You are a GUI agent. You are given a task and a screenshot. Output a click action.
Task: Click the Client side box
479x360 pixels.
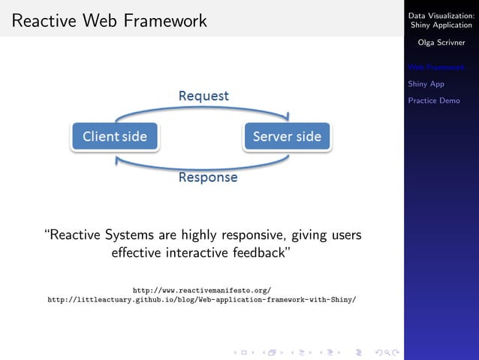115,137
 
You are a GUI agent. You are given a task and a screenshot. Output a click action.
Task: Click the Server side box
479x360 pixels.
287,137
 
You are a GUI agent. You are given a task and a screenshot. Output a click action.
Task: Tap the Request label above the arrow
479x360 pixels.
203,96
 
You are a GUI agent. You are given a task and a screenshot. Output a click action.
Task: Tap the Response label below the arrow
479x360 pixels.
207,178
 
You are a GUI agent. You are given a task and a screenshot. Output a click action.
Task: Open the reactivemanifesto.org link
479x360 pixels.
201,289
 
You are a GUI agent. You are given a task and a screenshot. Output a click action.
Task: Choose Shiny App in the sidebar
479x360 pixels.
426,84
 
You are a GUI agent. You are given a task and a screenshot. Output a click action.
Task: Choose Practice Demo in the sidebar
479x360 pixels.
433,101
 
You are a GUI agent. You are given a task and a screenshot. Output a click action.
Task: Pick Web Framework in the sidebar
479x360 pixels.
435,68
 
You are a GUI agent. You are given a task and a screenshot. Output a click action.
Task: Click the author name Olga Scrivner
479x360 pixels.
441,42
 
